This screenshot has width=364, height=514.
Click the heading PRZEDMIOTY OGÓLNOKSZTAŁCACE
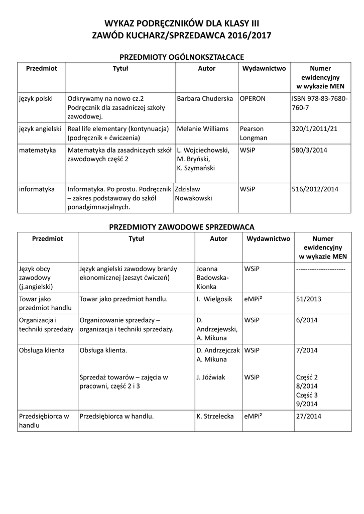pos(181,57)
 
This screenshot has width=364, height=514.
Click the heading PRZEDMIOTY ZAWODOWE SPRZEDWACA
pos(182,227)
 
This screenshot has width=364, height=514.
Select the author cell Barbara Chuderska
pos(205,99)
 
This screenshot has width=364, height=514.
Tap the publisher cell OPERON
pos(252,99)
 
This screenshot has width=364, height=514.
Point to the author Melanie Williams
pos(203,129)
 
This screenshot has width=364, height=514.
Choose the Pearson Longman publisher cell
pos(252,133)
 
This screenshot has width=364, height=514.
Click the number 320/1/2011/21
pos(314,129)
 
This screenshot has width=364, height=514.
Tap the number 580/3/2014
pos(309,150)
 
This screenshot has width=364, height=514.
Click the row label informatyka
pos(37,189)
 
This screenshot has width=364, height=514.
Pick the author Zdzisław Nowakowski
pos(193,194)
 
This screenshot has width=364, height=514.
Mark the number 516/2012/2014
pos(315,189)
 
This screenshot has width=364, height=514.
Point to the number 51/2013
pos(309,299)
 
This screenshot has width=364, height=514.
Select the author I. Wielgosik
pos(214,299)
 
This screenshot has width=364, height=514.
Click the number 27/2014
pos(309,416)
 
